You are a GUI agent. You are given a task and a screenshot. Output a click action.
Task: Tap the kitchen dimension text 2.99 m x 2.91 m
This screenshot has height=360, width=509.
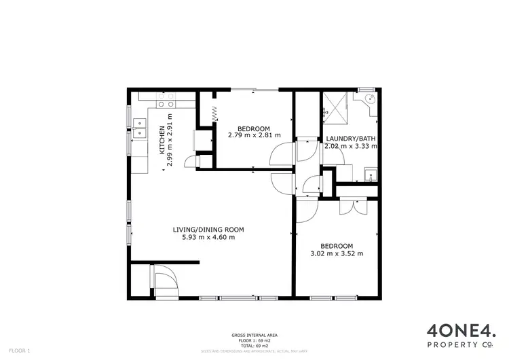click(170, 145)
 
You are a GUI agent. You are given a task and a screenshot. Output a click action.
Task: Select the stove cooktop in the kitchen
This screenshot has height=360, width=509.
click(165, 101)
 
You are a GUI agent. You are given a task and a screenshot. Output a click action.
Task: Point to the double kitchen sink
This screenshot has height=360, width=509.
click(140, 127)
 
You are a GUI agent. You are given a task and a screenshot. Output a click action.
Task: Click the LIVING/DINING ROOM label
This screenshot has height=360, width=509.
click(208, 230)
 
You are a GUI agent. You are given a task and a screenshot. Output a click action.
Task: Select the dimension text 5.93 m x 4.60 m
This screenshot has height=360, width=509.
click(208, 238)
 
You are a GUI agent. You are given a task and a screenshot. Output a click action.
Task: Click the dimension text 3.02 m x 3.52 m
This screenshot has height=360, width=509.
click(336, 254)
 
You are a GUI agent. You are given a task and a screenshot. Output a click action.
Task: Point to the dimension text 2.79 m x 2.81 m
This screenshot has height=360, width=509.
click(254, 136)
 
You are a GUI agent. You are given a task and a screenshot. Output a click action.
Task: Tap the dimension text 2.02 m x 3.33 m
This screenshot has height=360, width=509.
click(350, 146)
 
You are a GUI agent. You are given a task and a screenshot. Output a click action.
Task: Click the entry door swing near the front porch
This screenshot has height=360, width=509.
click(165, 278)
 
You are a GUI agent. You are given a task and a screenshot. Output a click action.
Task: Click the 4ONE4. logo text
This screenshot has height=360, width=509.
click(461, 313)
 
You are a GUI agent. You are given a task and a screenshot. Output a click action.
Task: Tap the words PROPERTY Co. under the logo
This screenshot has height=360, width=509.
click(461, 328)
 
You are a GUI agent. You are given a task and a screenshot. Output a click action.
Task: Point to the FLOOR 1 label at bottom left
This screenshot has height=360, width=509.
click(20, 351)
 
